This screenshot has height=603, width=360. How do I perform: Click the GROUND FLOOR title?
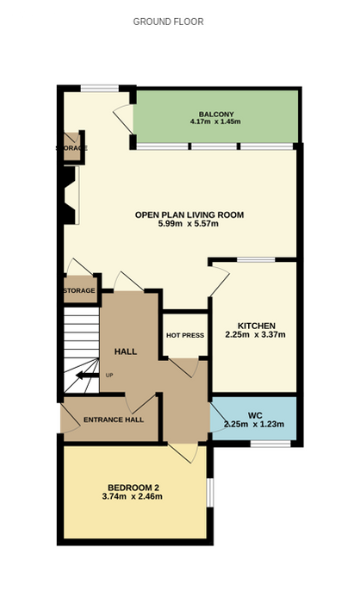168,22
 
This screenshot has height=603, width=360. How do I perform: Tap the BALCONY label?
216,115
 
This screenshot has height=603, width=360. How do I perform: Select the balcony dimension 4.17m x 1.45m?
215,122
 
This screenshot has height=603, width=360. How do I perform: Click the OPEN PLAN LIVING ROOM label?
189,214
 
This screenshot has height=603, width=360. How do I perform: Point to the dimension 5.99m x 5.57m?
188,223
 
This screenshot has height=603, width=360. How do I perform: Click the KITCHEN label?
256,326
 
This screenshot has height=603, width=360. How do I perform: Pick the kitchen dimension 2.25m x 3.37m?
256,334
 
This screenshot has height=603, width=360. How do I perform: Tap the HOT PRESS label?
185,335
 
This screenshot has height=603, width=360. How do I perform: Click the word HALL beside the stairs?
126,351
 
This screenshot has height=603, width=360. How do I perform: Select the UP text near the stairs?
109,376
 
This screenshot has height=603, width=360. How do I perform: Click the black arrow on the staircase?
87,376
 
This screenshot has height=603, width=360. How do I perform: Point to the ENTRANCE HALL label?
114,420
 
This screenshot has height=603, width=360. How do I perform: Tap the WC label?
255,416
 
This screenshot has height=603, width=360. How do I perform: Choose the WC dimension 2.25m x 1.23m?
254,424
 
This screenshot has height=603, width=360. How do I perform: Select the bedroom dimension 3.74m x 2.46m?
132,496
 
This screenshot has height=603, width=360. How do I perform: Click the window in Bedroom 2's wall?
210,493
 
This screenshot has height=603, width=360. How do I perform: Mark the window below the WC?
270,444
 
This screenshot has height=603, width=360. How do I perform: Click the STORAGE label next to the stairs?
79,291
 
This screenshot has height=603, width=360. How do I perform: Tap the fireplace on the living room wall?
71,195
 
